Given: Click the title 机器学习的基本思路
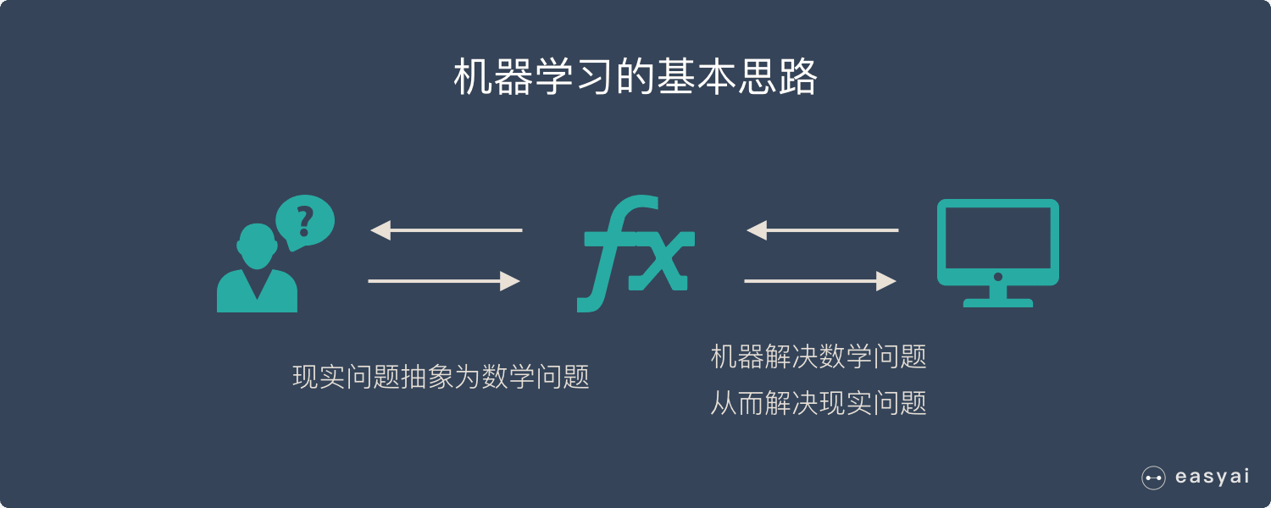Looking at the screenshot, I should pyautogui.click(x=635, y=78).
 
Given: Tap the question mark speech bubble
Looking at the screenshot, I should pyautogui.click(x=306, y=221).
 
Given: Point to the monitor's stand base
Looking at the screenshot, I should pyautogui.click(x=998, y=302).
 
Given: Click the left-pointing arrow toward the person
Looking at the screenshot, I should pyautogui.click(x=446, y=229).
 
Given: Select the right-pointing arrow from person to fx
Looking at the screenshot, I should pyautogui.click(x=444, y=281).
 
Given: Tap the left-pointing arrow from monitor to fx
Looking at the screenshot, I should pyautogui.click(x=822, y=229).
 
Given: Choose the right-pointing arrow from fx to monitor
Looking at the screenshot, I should pyautogui.click(x=820, y=281).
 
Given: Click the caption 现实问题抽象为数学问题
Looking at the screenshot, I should pyautogui.click(x=441, y=377).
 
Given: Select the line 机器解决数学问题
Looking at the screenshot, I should pyautogui.click(x=819, y=356).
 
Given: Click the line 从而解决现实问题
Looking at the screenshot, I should pyautogui.click(x=819, y=403).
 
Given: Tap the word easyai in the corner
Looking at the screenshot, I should pyautogui.click(x=1212, y=477).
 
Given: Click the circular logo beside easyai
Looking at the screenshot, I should pyautogui.click(x=1153, y=478).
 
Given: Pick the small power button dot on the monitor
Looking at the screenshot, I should pyautogui.click(x=998, y=277).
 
